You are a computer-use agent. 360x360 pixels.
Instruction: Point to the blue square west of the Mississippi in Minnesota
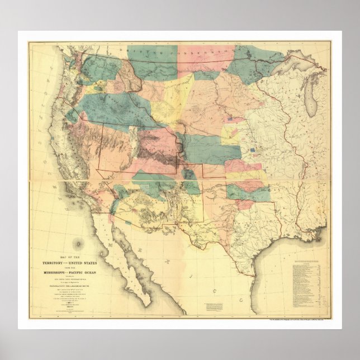231,119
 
